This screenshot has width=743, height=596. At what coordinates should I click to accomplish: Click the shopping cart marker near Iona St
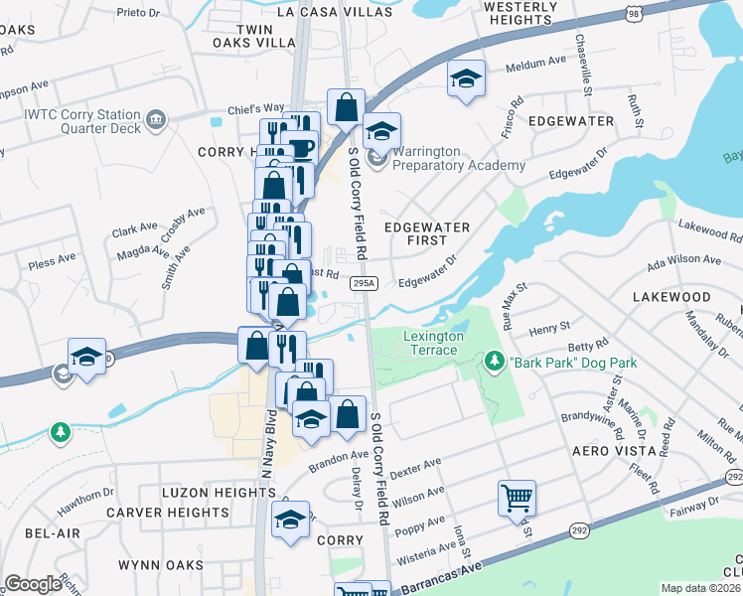518,497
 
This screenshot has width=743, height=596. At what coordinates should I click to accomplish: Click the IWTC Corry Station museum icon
155,120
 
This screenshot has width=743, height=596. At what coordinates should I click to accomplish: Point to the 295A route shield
365,283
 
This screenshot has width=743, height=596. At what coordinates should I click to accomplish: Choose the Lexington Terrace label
432,343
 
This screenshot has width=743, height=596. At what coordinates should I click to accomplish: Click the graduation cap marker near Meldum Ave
464,79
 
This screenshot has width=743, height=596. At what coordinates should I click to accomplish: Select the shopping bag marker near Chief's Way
346,107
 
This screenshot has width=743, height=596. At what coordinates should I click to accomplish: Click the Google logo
33,584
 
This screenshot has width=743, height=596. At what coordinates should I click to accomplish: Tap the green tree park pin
62,432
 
